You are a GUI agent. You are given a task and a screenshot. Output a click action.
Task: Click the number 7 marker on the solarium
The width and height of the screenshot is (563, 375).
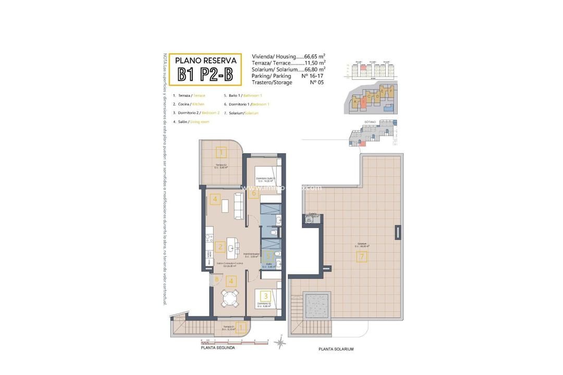pos(362,256)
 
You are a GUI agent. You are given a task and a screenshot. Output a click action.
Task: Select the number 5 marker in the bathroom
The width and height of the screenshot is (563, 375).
pos(268,256)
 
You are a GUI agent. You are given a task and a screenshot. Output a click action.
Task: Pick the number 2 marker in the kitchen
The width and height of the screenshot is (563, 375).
pos(221,247)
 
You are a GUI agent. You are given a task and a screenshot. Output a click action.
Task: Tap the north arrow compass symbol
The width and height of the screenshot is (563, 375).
pos(280,343)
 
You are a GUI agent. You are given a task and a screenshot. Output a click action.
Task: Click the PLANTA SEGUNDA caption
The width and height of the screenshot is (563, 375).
pos(217,348)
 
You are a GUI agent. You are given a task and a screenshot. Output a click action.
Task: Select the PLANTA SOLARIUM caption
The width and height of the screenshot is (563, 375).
pos(337,349)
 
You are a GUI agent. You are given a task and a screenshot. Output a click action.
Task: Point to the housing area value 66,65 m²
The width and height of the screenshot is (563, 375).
pos(315,56)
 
